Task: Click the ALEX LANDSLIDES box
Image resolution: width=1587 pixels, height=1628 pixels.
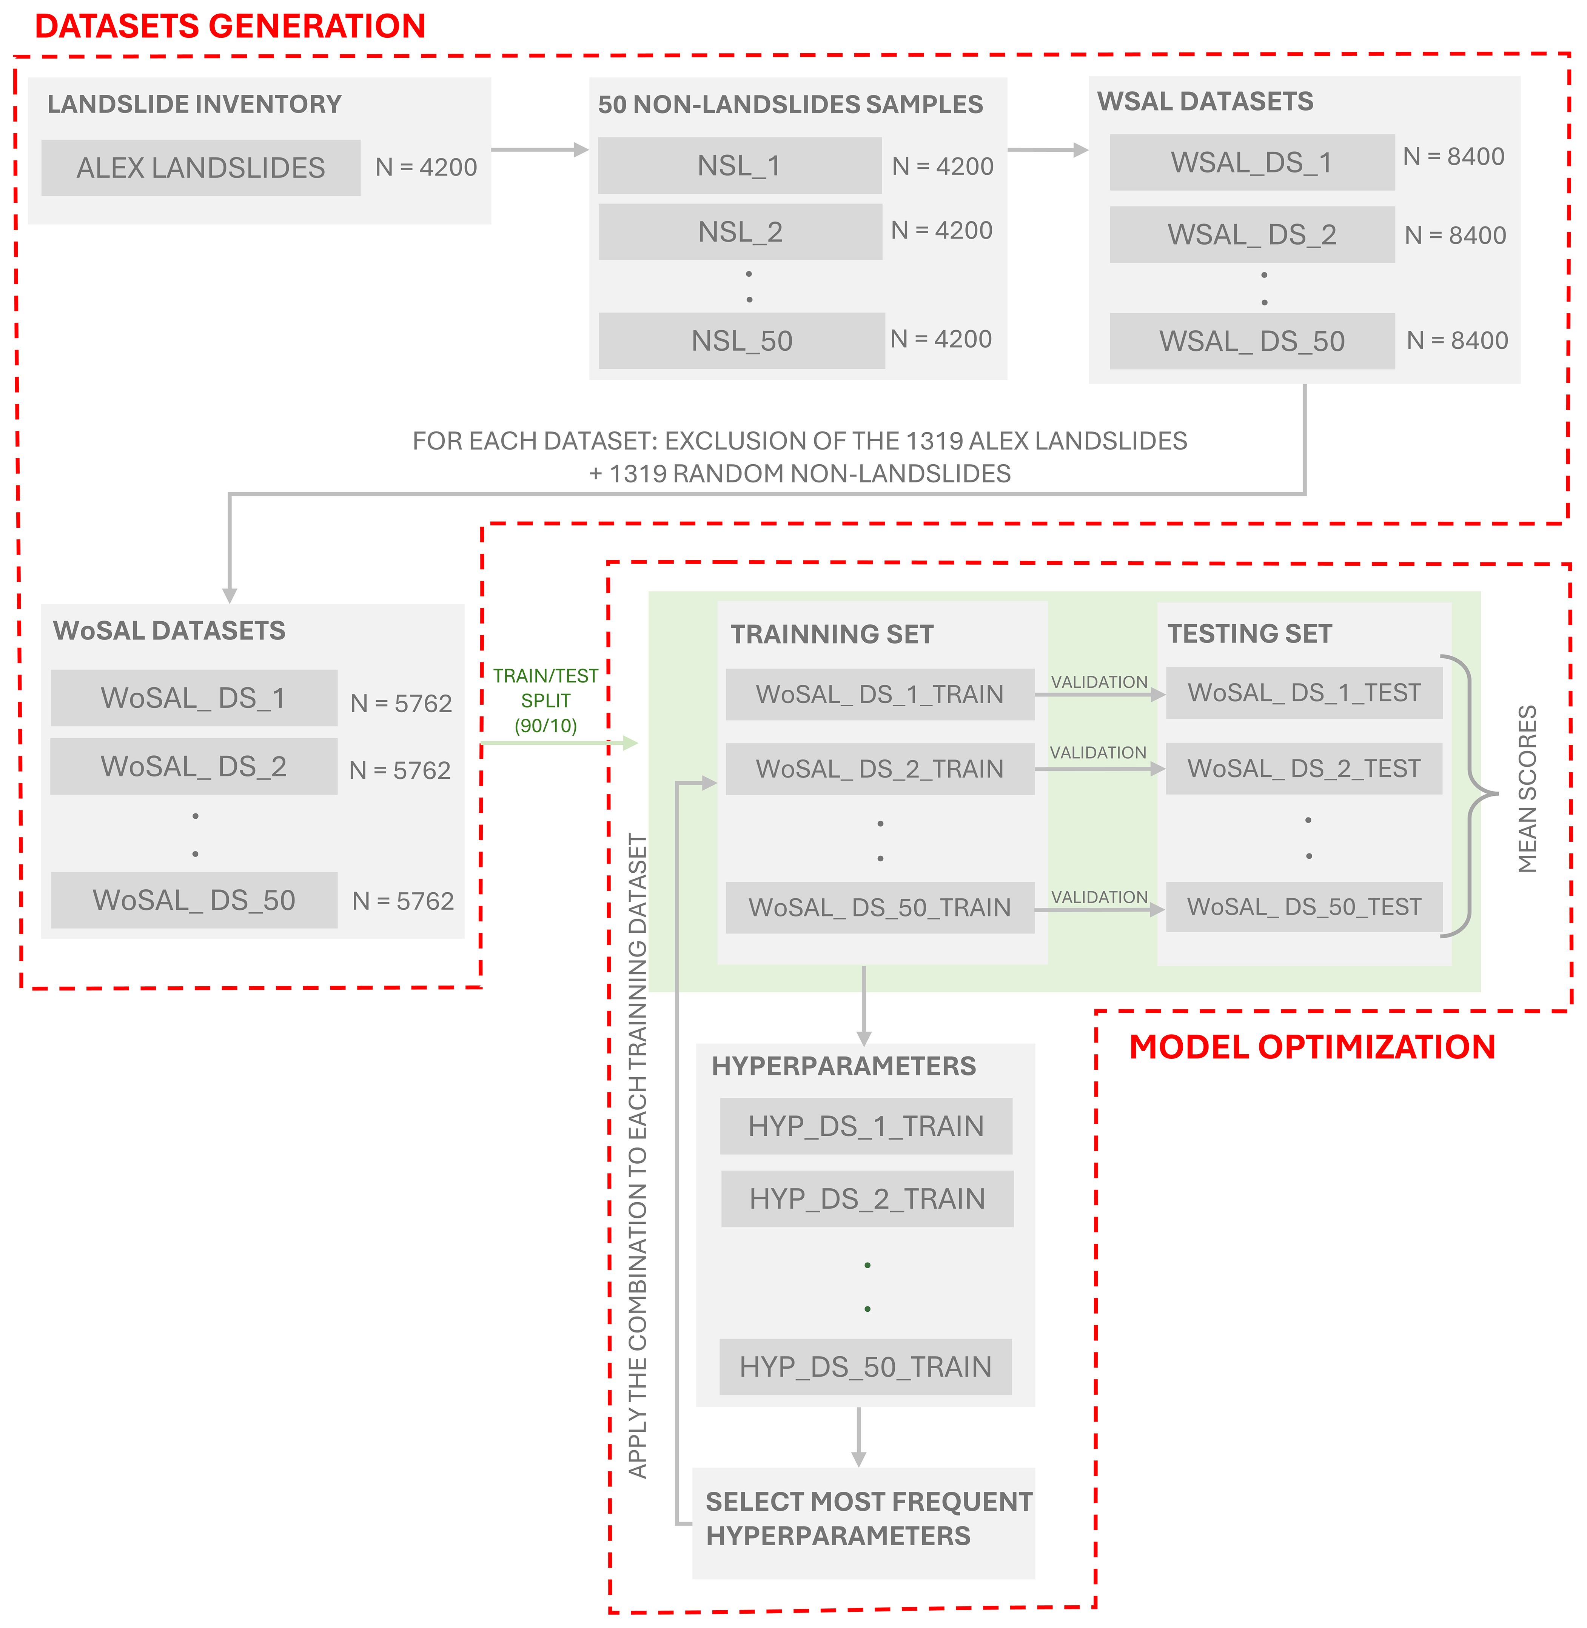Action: click(201, 168)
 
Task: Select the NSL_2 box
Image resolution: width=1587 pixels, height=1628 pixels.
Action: click(740, 232)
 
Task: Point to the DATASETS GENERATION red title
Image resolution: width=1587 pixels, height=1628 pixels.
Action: click(230, 26)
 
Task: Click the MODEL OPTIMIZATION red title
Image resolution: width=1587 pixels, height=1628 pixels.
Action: click(1312, 1047)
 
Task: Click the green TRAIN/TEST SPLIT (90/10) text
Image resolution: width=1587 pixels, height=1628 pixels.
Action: click(546, 700)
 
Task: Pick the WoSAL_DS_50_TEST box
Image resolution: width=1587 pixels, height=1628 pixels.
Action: click(1304, 907)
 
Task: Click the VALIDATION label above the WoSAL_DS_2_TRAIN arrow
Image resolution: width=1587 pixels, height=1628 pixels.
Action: click(1099, 753)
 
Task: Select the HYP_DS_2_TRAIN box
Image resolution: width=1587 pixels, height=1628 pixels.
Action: click(868, 1199)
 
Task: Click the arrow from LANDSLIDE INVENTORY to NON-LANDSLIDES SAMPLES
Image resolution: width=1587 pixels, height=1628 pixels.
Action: click(540, 150)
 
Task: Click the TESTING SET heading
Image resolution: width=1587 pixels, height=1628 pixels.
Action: click(1250, 633)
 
